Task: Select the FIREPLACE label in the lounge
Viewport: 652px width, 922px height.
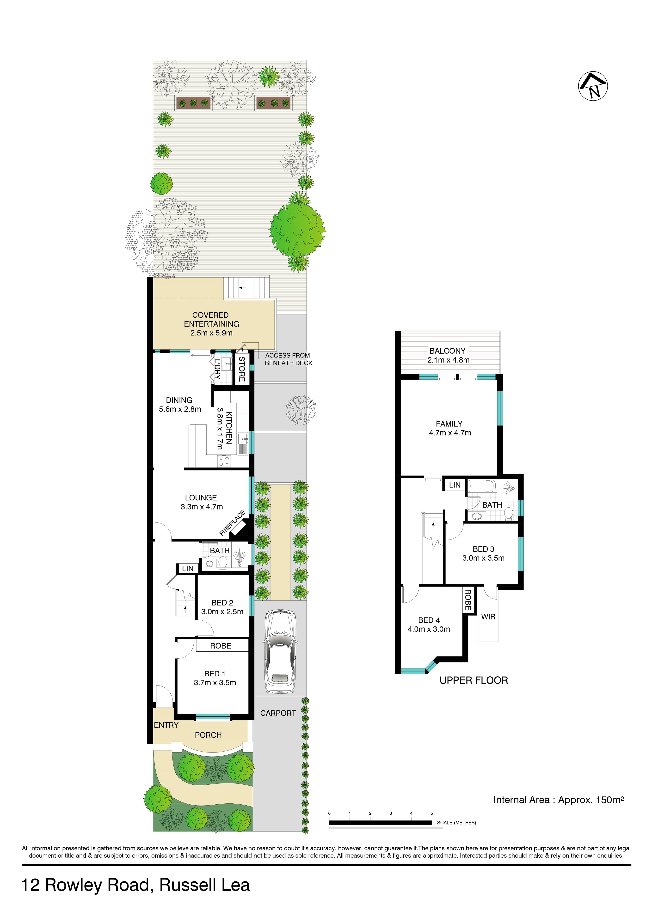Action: click(232, 523)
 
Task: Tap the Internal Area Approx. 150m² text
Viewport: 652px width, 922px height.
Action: click(558, 800)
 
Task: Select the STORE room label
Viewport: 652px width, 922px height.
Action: click(242, 369)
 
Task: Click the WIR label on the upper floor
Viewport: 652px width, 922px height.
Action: click(488, 616)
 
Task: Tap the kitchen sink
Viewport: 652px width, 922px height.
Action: click(243, 444)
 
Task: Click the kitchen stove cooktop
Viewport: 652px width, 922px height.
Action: click(224, 461)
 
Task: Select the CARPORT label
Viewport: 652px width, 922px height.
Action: click(278, 713)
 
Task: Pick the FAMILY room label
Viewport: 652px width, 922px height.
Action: click(449, 424)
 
